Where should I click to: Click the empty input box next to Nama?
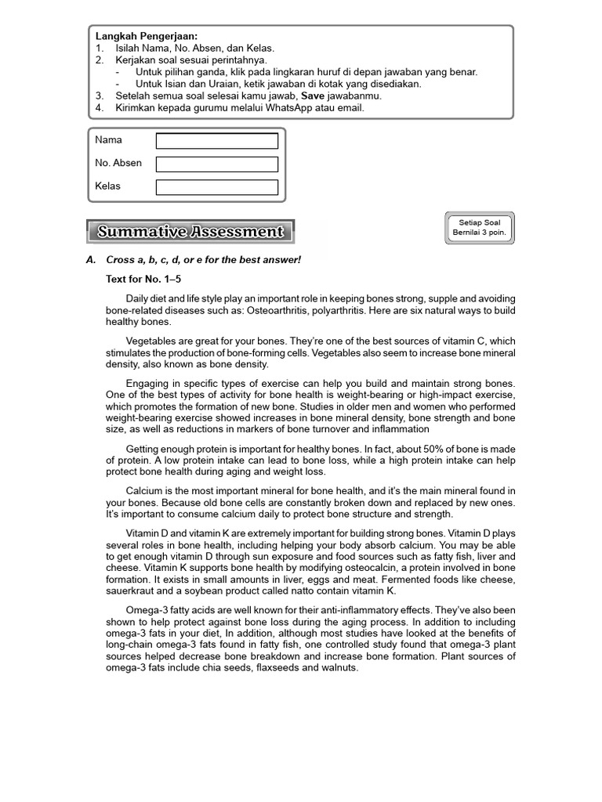tap(216, 141)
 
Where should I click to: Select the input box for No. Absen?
tap(216, 164)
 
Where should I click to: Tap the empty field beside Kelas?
tap(216, 187)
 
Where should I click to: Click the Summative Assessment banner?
tap(190, 232)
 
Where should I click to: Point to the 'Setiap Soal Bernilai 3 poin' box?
tap(479, 228)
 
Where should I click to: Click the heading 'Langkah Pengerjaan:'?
tap(147, 36)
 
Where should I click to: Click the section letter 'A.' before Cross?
tap(91, 259)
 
